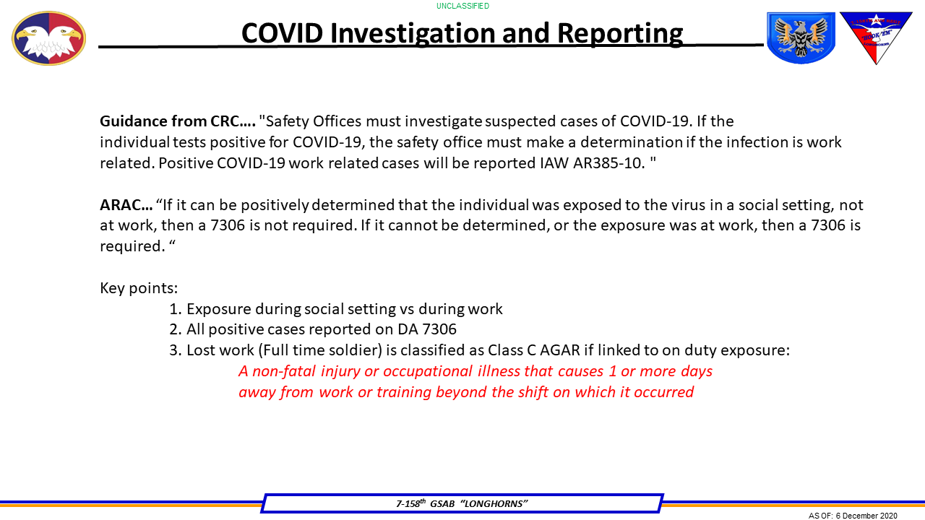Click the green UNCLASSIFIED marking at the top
[462, 6]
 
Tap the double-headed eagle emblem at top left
[48, 38]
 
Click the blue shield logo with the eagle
[800, 38]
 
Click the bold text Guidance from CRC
[177, 121]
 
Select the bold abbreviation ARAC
[126, 205]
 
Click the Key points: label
[139, 288]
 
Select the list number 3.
[174, 351]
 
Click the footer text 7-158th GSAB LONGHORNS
[462, 503]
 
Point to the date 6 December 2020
[866, 516]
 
